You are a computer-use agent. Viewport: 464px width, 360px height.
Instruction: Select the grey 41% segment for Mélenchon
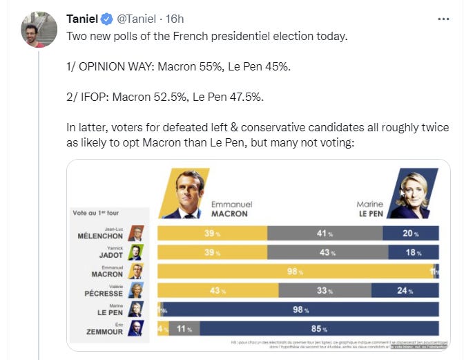325,234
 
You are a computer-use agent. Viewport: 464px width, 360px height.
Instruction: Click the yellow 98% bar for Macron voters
297,272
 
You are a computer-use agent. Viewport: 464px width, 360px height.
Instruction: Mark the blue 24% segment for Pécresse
405,290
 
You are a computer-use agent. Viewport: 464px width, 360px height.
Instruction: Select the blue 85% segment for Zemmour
318,328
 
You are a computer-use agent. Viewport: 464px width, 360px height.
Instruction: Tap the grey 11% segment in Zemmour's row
182,328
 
